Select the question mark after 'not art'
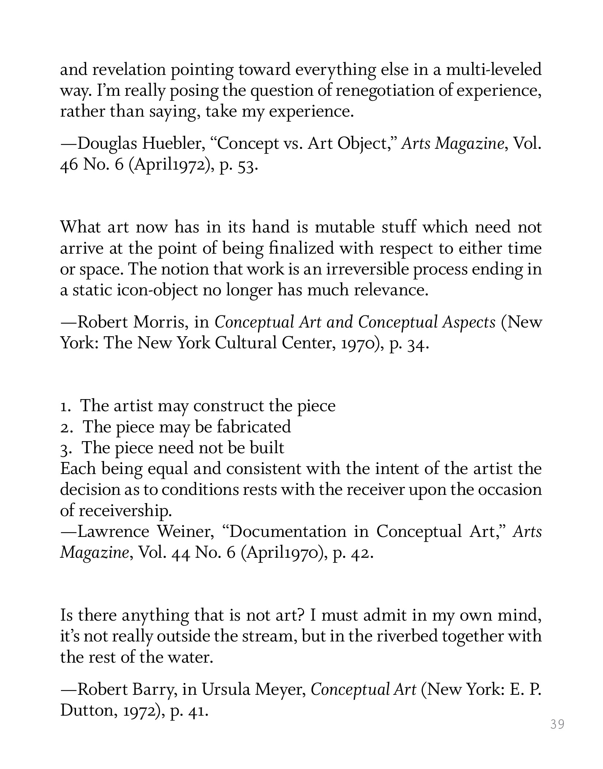coord(301,615)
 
